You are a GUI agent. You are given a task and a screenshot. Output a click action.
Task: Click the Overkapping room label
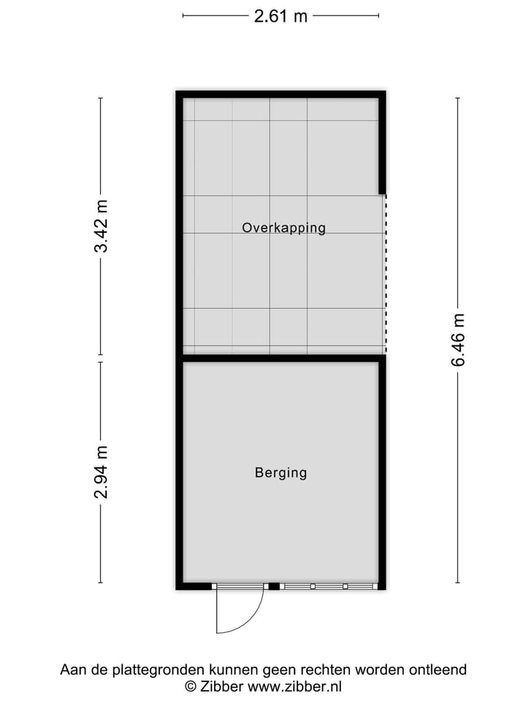283,228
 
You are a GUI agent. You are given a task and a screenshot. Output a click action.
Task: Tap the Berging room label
281,473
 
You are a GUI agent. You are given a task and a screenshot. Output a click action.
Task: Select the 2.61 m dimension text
281,16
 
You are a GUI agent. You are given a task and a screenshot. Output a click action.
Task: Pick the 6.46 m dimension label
458,340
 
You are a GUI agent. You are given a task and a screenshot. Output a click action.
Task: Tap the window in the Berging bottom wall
329,586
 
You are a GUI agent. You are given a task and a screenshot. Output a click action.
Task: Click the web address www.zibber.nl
295,686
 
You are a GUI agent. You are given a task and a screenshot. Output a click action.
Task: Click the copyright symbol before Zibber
190,686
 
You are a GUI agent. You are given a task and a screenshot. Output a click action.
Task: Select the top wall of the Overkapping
281,94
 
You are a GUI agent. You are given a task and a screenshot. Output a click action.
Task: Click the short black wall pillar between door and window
274,586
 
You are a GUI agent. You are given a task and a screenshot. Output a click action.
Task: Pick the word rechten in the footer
324,670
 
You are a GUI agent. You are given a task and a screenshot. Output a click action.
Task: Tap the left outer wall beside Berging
179,473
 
